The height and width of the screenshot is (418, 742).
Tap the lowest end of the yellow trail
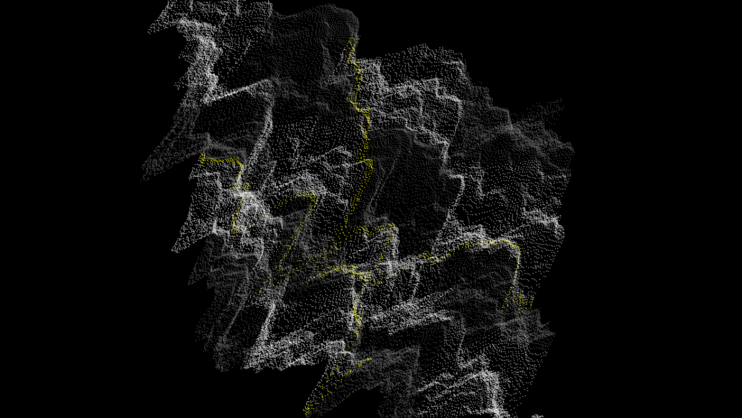click(307, 412)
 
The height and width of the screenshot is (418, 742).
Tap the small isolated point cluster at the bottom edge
click(537, 416)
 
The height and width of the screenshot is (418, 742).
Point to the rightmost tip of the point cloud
click(573, 149)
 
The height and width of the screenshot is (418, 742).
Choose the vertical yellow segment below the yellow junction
click(356, 310)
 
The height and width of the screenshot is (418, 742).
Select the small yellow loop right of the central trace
click(380, 238)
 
